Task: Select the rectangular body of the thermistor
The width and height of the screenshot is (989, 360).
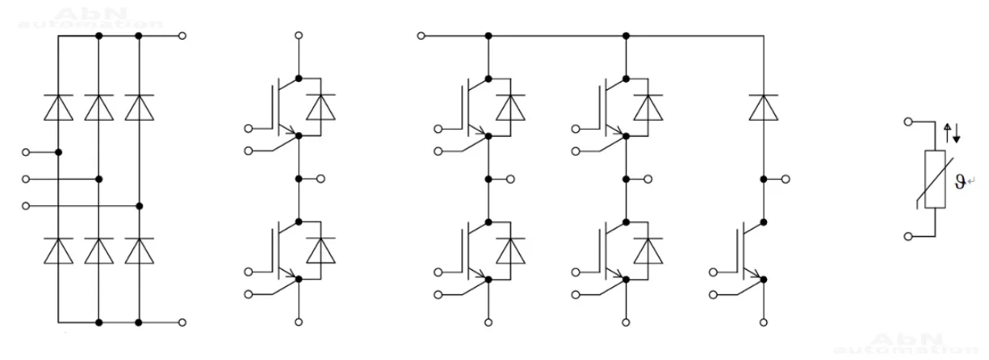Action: click(934, 179)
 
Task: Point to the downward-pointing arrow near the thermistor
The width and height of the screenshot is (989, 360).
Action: click(956, 131)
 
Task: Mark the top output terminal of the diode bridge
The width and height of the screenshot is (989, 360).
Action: click(182, 36)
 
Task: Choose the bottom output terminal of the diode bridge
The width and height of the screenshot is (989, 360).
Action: click(182, 323)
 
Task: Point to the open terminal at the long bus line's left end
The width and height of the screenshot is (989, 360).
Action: click(421, 36)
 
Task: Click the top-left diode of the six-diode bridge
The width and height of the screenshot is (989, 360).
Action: click(58, 108)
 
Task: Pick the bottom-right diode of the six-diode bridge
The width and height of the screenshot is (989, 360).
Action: click(139, 251)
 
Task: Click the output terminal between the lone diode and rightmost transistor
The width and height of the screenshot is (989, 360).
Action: click(787, 178)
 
